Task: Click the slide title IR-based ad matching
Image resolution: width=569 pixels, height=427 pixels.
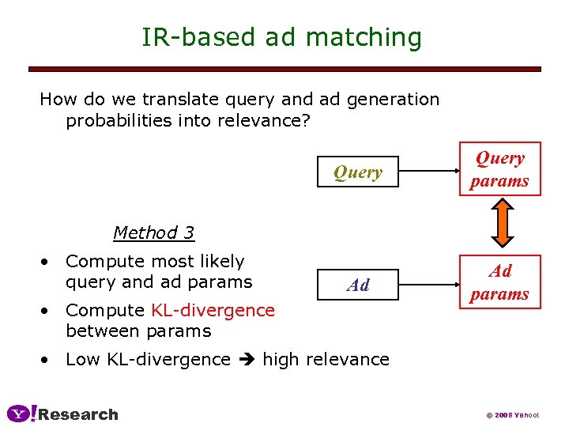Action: [x=281, y=37]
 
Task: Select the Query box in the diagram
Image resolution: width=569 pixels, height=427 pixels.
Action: [x=357, y=172]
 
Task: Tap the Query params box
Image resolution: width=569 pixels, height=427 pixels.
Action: [x=499, y=169]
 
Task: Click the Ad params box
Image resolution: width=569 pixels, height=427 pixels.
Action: [x=499, y=282]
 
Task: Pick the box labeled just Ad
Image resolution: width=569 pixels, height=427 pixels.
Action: [x=357, y=285]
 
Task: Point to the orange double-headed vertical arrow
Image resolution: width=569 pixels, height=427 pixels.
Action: [x=500, y=225]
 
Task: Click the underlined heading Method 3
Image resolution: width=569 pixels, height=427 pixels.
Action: [x=153, y=232]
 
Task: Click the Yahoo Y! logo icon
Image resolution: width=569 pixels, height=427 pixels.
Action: [x=21, y=414]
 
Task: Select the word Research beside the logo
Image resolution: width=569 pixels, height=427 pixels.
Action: [x=78, y=414]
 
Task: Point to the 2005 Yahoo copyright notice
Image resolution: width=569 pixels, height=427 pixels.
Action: [x=512, y=415]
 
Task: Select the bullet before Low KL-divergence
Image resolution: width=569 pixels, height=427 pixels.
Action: [x=47, y=360]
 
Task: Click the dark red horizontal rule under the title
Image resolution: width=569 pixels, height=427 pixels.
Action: [x=284, y=70]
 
